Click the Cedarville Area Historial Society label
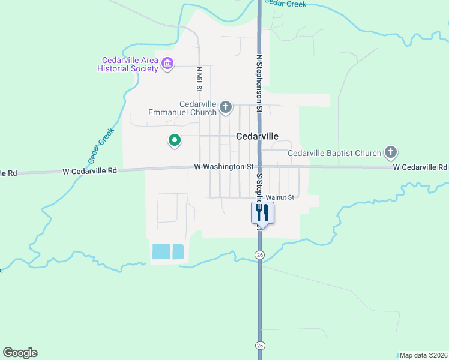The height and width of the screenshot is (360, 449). coord(128,64)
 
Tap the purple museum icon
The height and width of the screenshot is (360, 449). coord(167,63)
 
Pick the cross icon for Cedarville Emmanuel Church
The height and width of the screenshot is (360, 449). coord(226,107)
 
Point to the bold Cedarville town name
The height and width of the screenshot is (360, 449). coord(258,136)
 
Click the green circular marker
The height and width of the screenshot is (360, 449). coord(175,140)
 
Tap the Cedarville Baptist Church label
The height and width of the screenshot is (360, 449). coord(334,153)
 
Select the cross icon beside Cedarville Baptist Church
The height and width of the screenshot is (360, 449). coord(391,152)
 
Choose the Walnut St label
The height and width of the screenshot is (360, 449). coord(280,197)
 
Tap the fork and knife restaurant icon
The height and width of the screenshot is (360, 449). coord(262,212)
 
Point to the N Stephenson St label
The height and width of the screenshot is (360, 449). coord(259,84)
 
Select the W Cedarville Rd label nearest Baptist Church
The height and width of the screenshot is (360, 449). coord(420,167)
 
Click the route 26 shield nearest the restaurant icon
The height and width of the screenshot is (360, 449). coord(259,255)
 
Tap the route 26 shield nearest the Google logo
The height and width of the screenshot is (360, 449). coord(259,345)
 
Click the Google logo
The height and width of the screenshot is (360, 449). coord(20,353)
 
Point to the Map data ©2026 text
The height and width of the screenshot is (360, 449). coord(423,355)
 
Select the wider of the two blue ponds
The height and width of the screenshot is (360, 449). coord(161,251)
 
